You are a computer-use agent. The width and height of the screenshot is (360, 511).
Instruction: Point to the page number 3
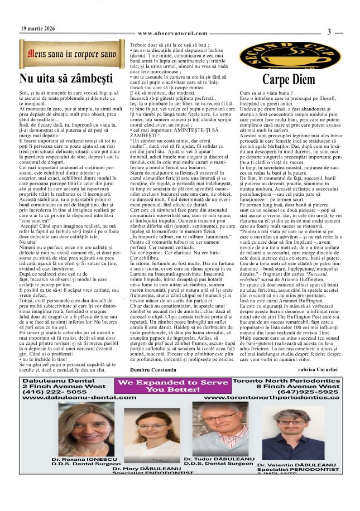tap(329, 32)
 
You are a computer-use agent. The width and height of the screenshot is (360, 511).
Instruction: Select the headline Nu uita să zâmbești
tap(66, 78)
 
